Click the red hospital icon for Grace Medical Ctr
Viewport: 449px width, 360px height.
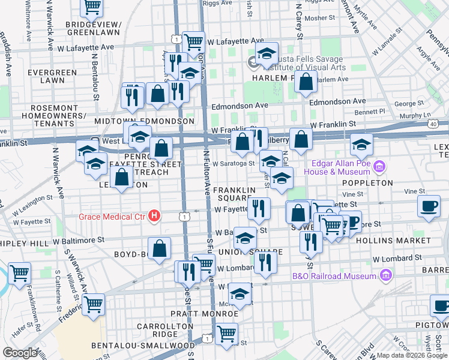tap(155, 215)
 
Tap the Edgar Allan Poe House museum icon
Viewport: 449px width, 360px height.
tap(379, 165)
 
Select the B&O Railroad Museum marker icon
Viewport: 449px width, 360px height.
tap(385, 276)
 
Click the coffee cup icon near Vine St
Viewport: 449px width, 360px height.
tap(429, 206)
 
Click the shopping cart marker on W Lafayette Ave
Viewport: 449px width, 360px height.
tap(193, 41)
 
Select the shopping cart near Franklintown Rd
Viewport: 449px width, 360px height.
tap(19, 273)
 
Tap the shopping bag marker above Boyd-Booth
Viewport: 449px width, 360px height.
tap(160, 248)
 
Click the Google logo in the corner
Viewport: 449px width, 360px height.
tap(19, 353)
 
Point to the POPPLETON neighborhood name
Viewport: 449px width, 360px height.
tap(367, 182)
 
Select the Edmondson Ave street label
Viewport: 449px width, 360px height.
tap(337, 102)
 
